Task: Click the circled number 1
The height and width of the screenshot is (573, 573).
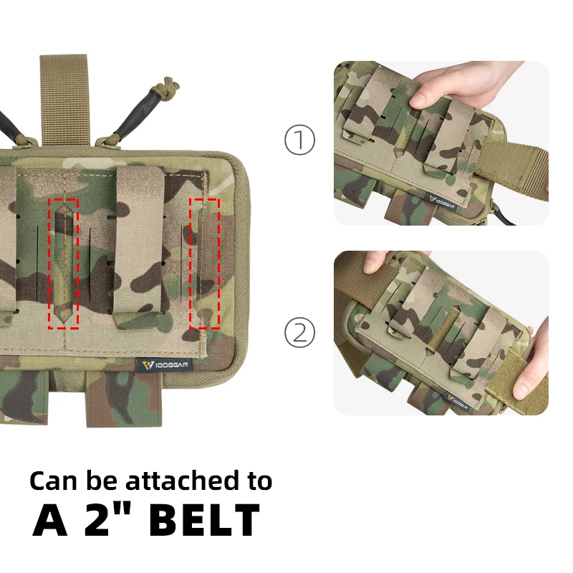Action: click(x=299, y=140)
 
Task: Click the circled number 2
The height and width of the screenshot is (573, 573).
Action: click(x=299, y=332)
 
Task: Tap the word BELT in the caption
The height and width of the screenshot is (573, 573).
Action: click(x=205, y=520)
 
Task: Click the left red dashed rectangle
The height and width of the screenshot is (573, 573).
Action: click(x=63, y=264)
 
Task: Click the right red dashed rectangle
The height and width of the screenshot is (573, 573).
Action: click(x=205, y=264)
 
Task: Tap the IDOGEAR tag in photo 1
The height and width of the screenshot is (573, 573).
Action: click(x=442, y=202)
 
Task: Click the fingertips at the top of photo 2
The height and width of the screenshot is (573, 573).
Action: click(x=377, y=261)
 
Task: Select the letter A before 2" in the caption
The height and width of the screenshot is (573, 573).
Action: click(x=50, y=520)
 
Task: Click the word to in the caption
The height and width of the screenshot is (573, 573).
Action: click(x=260, y=481)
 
